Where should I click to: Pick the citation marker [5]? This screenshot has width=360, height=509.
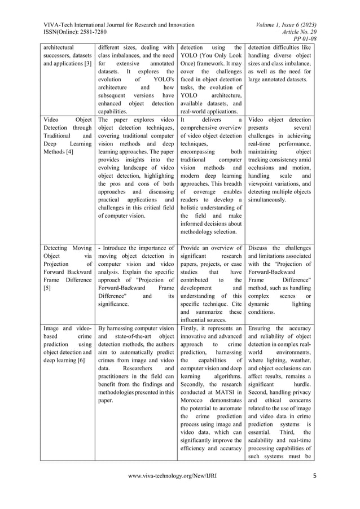(46, 287)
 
